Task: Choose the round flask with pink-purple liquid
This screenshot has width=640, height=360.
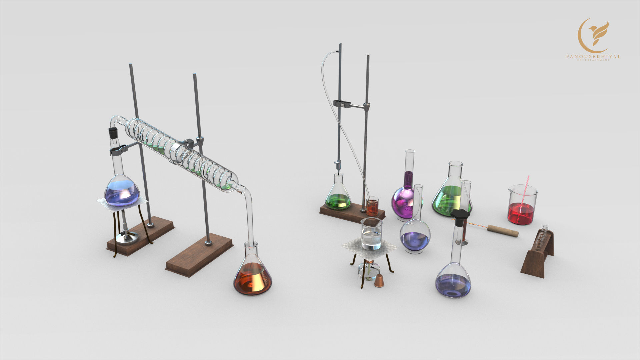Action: [x=404, y=203]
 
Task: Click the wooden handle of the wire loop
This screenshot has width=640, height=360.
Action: [x=503, y=231]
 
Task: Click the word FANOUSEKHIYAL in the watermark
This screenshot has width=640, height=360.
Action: [x=593, y=57]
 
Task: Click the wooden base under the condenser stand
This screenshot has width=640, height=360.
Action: [x=199, y=255]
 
